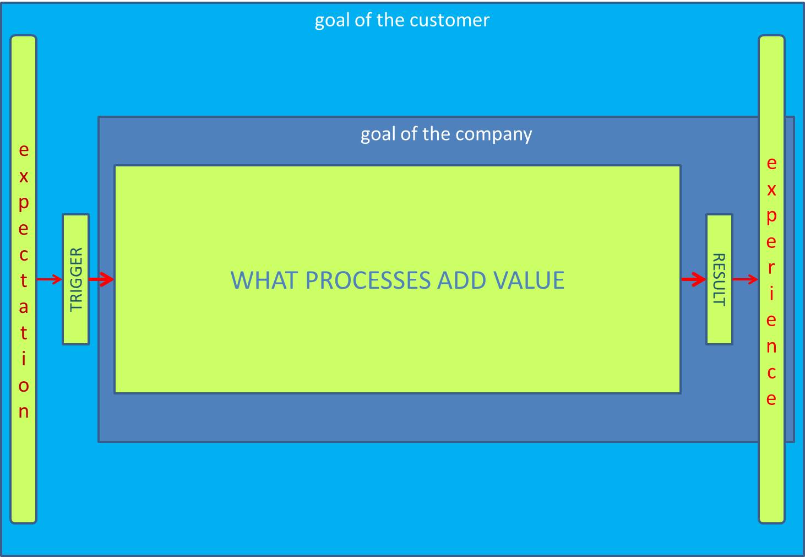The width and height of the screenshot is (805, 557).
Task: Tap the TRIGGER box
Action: click(76, 279)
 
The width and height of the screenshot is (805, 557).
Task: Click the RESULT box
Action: click(719, 279)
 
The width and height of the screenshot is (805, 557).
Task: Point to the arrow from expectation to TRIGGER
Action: click(50, 280)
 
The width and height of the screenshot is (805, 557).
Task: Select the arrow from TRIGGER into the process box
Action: click(101, 280)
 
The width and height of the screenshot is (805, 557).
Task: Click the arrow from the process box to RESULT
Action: click(693, 280)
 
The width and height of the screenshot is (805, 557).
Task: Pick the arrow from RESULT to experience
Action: click(746, 280)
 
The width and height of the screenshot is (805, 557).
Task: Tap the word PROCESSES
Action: click(368, 280)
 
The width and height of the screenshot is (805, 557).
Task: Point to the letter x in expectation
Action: click(24, 177)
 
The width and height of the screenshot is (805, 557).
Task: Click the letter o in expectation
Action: click(24, 386)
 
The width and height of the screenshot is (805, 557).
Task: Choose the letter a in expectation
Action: click(24, 307)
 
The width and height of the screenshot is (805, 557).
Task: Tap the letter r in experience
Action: click(771, 268)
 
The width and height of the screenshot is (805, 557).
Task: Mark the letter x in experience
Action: click(771, 190)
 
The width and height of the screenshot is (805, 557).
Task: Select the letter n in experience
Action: click(771, 347)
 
